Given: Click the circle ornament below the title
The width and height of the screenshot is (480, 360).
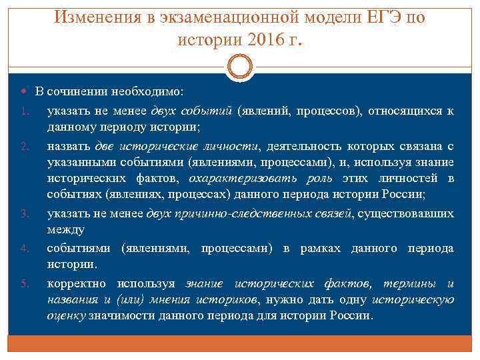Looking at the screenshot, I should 240,67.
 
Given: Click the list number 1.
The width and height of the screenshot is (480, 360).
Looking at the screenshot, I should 23,111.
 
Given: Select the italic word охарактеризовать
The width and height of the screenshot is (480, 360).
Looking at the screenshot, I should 233,178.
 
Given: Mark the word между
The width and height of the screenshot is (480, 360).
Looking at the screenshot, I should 65,230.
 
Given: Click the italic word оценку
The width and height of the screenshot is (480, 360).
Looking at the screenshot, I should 65,315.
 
